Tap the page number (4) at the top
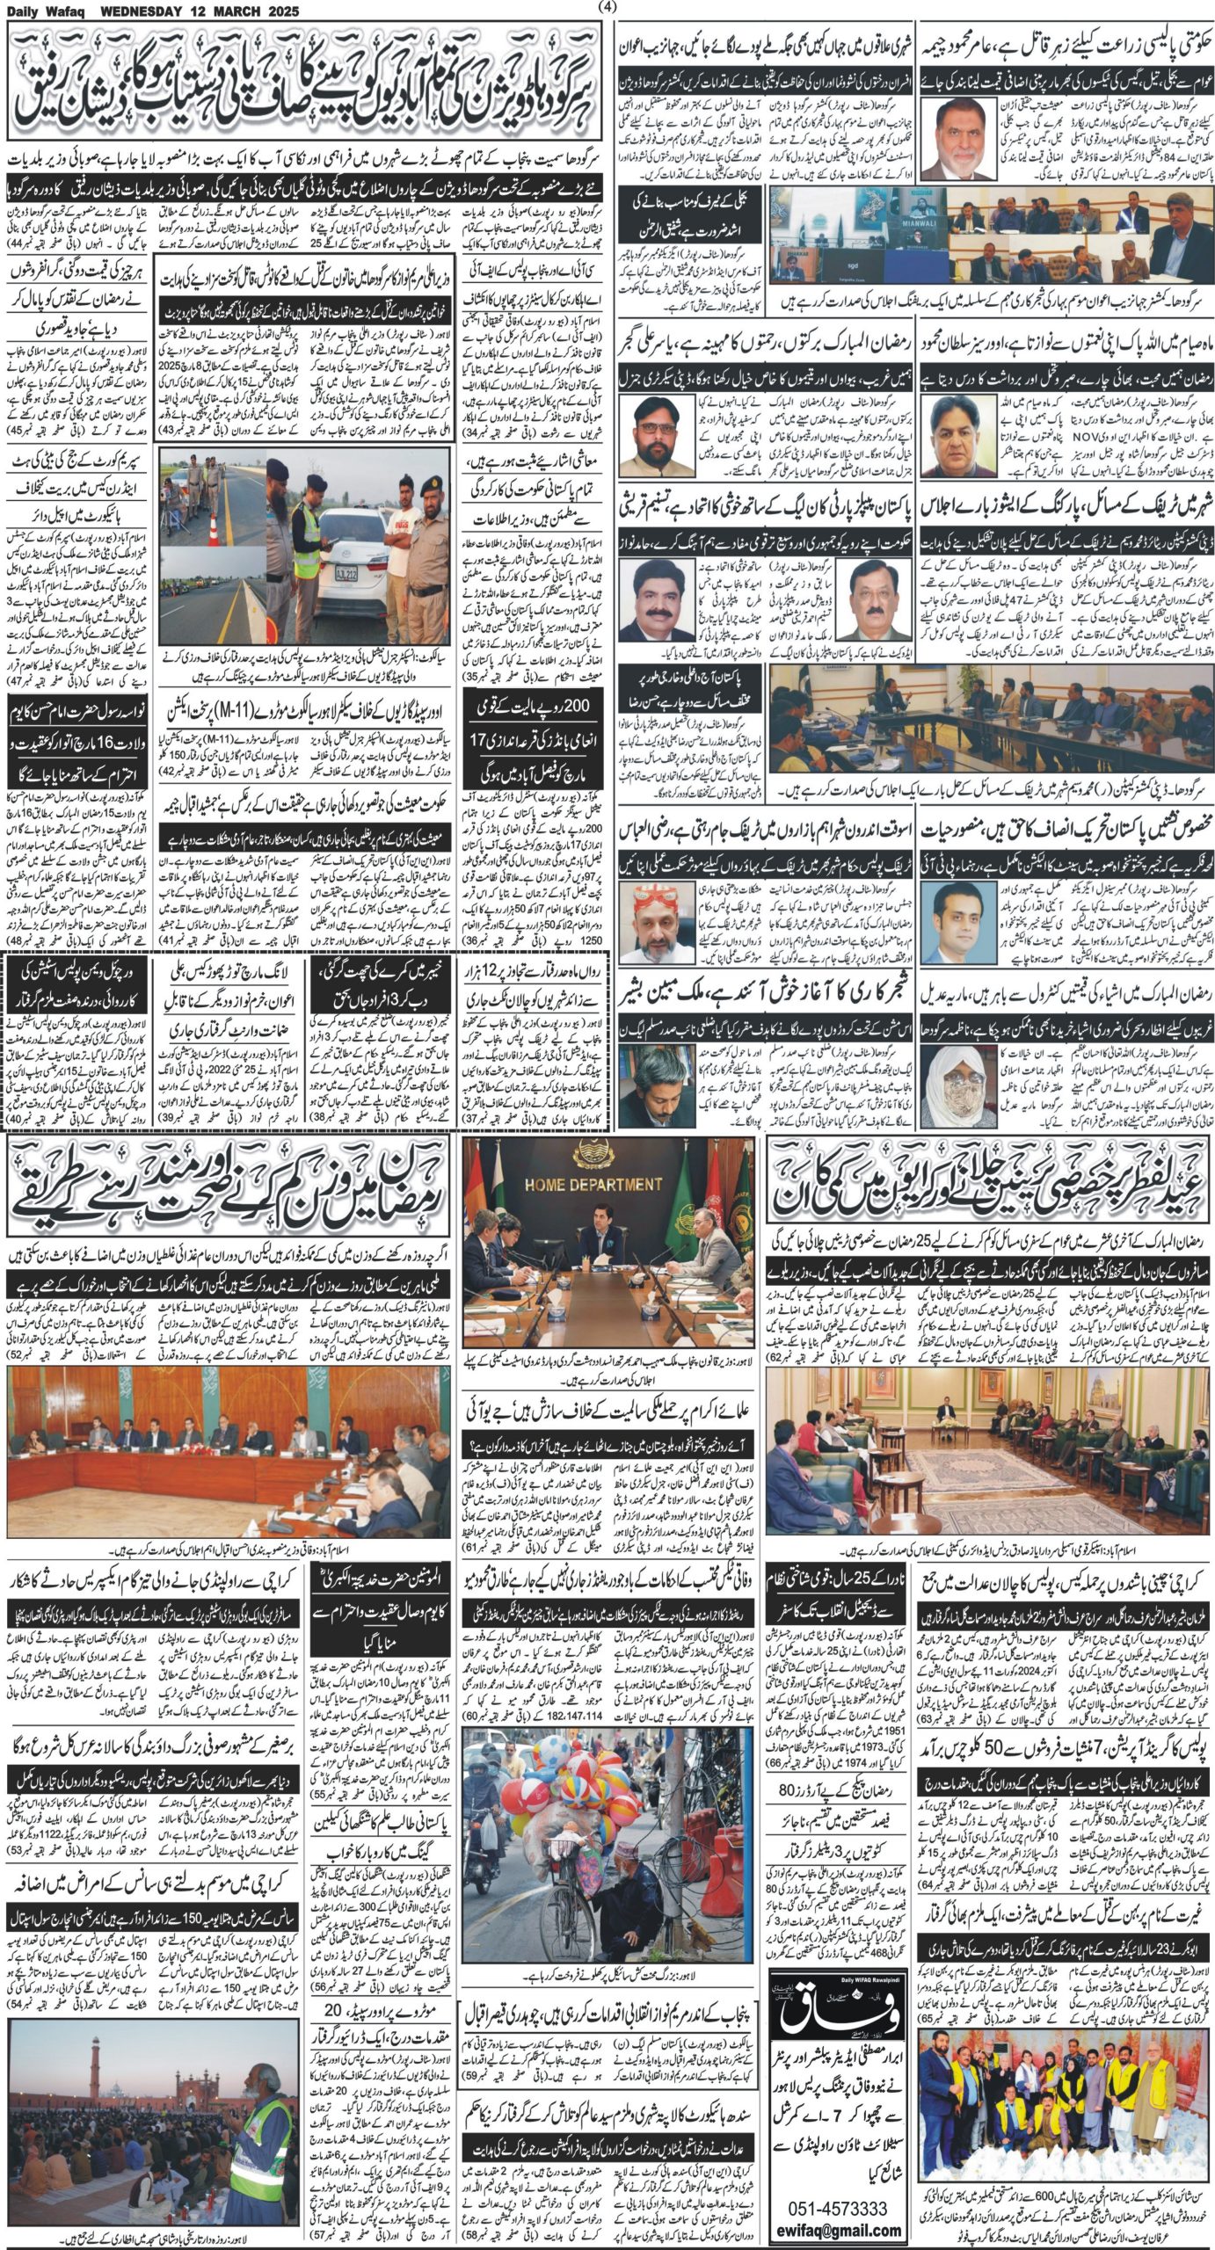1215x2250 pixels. [x=607, y=8]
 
